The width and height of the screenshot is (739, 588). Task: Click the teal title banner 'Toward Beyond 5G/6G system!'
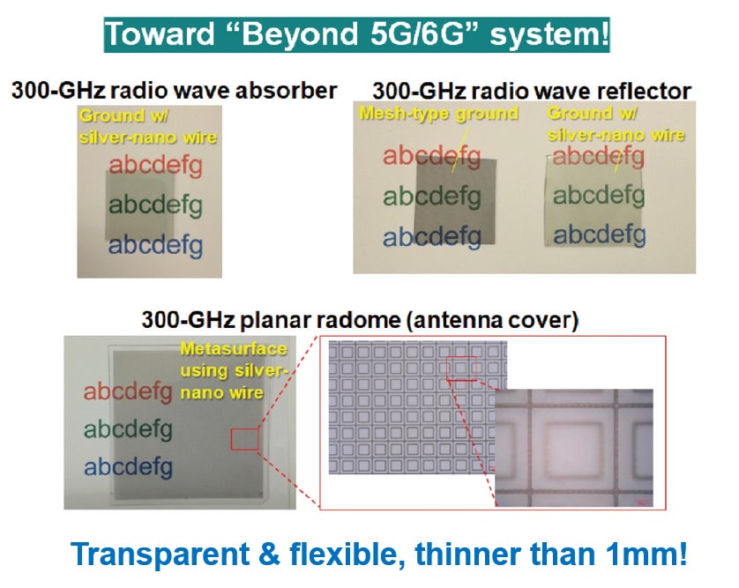(x=356, y=34)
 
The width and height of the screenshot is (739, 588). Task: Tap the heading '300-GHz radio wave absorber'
(x=175, y=91)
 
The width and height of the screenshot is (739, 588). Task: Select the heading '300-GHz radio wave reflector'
(x=532, y=91)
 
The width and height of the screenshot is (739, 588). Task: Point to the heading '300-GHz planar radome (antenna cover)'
(x=360, y=320)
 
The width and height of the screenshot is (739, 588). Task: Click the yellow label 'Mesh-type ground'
(x=439, y=113)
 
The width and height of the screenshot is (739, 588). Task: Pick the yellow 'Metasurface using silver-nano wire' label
(x=234, y=371)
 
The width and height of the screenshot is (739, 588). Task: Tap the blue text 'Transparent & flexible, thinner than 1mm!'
(x=379, y=554)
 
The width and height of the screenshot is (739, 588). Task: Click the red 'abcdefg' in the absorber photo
(x=155, y=167)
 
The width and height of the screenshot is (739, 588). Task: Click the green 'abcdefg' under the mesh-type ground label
(x=432, y=197)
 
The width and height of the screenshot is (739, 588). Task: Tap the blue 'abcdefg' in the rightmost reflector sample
(x=600, y=235)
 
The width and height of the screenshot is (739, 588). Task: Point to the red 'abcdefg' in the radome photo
(x=128, y=392)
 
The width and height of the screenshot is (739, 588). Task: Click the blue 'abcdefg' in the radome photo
(x=128, y=468)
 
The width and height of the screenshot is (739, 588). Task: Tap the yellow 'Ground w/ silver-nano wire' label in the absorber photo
(x=147, y=126)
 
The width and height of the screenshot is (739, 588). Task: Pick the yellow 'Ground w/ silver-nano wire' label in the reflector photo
(x=616, y=124)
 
